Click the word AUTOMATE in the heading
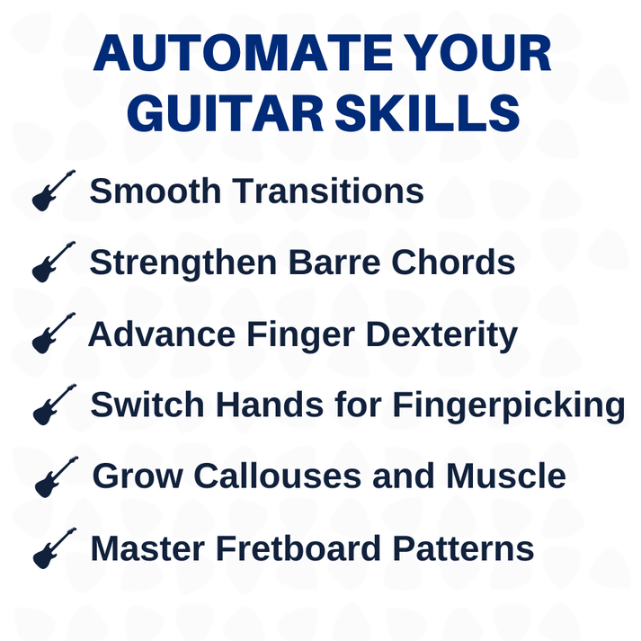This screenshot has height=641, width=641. pos(227,55)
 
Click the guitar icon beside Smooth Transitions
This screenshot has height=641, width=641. pos(53,191)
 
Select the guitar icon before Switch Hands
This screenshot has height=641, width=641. pos(54,405)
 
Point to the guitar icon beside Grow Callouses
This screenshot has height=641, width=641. pos(56,476)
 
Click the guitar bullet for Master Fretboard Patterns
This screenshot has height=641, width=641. pos(54,548)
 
